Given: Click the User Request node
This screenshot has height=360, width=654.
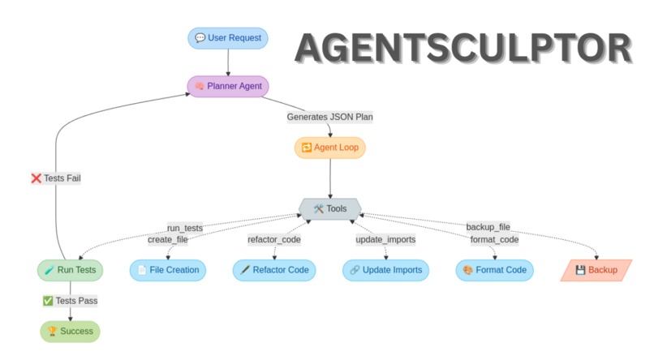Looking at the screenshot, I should [227, 38].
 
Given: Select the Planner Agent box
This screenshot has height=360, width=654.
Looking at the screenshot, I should [227, 86].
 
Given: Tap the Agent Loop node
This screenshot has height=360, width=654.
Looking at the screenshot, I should [329, 148].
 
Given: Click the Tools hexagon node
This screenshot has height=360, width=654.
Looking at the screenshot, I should [329, 209].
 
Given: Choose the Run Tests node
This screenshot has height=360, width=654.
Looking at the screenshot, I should [71, 270].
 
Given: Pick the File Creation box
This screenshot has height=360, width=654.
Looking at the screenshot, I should [168, 270].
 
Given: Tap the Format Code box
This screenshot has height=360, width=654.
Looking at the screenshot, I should [494, 270].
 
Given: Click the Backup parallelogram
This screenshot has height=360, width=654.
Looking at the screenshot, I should [596, 270].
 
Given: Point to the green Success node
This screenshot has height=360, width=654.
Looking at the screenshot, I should [71, 331].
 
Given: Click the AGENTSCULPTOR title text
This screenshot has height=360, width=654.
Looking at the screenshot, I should [463, 49].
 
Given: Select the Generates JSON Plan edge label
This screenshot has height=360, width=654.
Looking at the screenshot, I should [329, 117].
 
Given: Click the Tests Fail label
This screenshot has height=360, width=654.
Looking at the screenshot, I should [55, 178].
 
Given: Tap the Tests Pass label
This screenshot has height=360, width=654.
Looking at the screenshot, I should [70, 301].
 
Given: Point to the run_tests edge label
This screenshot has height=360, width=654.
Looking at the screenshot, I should [185, 228].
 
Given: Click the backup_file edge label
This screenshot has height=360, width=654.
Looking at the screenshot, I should [488, 227].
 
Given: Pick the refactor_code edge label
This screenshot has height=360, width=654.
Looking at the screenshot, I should [274, 239].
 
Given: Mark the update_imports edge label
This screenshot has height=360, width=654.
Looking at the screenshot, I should [385, 239].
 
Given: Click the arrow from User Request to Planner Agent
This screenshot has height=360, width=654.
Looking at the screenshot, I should [227, 62].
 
